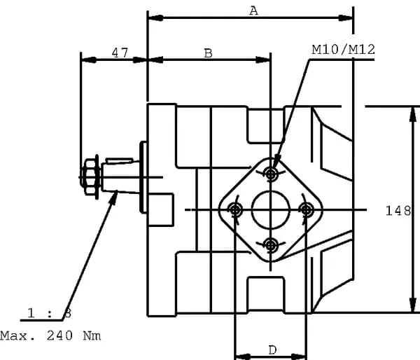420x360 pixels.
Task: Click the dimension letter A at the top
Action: [x=253, y=10]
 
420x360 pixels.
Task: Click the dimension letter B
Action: [x=208, y=53]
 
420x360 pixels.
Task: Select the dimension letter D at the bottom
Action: [x=272, y=349]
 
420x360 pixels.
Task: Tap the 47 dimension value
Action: [x=119, y=53]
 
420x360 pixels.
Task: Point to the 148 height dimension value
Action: [x=398, y=209]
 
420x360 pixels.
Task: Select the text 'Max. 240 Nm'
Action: [x=50, y=335]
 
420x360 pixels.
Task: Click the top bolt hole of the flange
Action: [x=272, y=173]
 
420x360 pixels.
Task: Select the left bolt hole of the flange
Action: [x=234, y=209]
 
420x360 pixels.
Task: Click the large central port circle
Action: [x=271, y=209]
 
